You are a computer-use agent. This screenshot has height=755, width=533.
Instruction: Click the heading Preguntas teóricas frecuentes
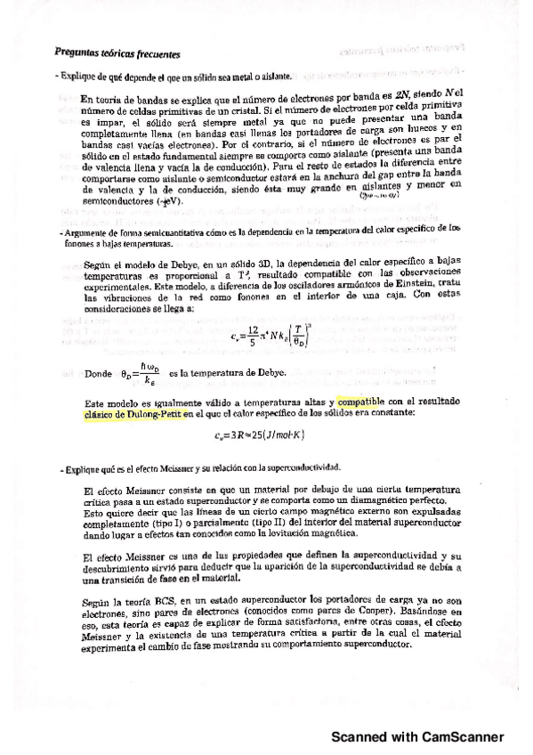(x=117, y=53)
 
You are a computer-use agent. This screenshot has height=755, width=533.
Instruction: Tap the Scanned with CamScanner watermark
(x=417, y=737)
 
